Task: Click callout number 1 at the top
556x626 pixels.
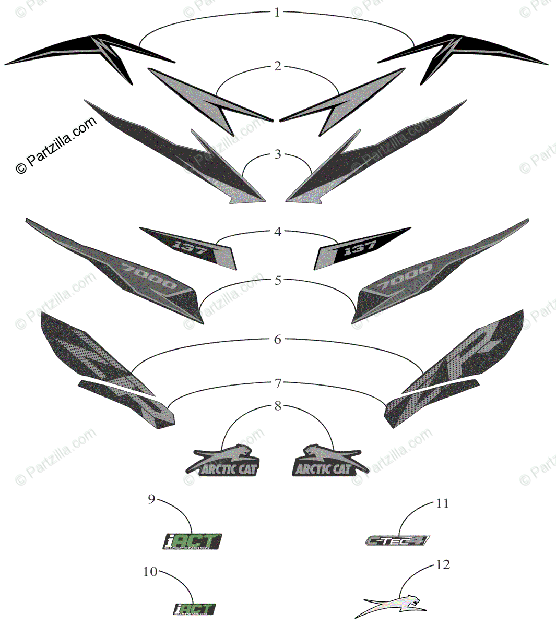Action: pos(277,12)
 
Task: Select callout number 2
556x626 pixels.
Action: pos(277,66)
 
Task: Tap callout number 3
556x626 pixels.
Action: pos(277,154)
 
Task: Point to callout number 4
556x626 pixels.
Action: pos(277,232)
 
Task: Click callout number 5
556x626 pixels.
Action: pos(277,281)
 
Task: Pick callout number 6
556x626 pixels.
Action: pos(277,340)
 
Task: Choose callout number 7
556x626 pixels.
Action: pos(277,384)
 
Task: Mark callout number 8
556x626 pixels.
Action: pos(277,406)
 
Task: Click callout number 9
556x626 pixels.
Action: pos(151,500)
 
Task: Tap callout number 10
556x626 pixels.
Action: pos(150,572)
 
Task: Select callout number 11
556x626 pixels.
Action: pos(442,503)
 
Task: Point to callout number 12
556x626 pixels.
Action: pos(442,565)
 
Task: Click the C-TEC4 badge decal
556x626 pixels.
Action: pos(397,540)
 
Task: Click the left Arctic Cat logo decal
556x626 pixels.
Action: pos(224,462)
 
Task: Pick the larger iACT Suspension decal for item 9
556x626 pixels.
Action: pos(192,541)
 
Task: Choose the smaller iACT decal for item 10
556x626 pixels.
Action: pos(194,609)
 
